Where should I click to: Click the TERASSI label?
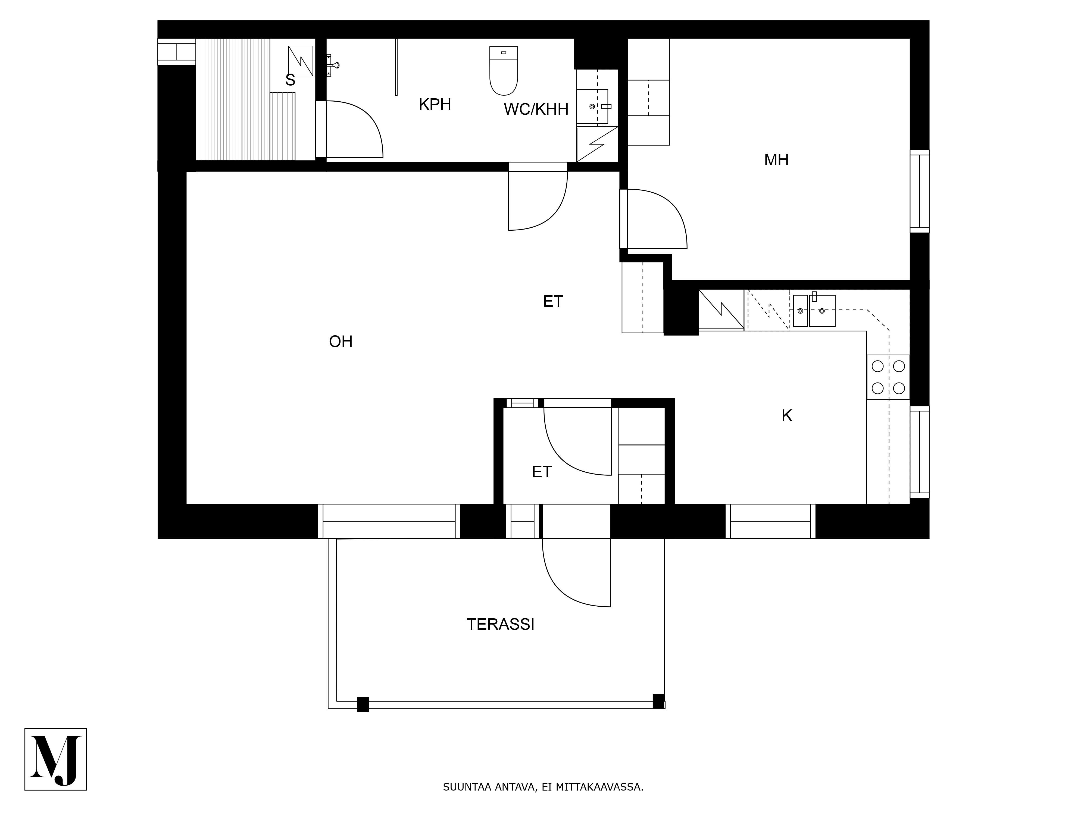click(500, 624)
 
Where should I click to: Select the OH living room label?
click(341, 341)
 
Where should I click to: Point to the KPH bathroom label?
click(435, 105)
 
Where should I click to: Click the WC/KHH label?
click(536, 109)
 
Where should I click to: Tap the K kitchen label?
click(787, 416)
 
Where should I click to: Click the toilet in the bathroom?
click(504, 70)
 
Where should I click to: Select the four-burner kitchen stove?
click(888, 377)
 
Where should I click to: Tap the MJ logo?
click(55, 759)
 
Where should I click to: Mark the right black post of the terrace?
click(658, 701)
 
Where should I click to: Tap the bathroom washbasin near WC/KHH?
click(593, 106)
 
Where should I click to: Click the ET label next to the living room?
click(553, 301)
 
